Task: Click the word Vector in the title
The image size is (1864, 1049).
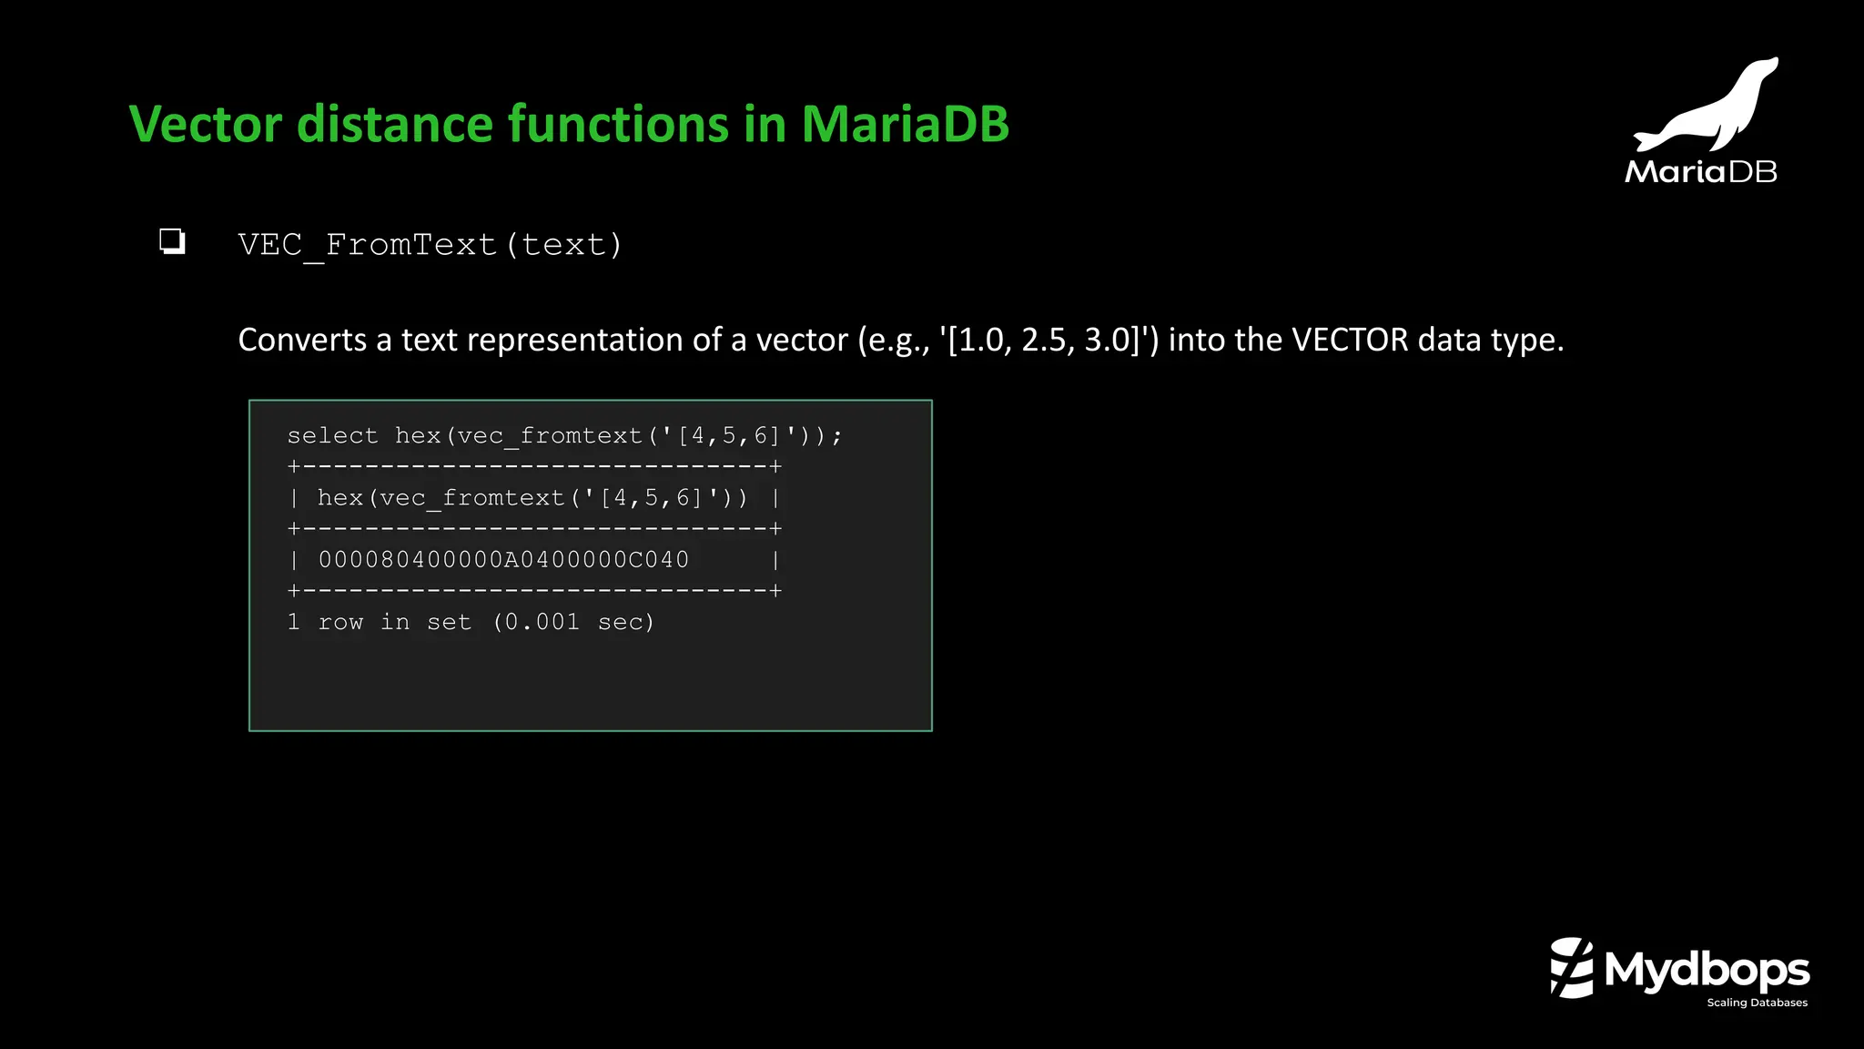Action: click(x=206, y=125)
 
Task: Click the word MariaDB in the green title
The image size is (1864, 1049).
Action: click(x=905, y=125)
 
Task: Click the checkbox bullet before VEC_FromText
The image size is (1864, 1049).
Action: click(x=172, y=241)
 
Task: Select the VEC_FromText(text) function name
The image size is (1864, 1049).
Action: click(x=430, y=245)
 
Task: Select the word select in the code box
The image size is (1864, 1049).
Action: click(x=332, y=436)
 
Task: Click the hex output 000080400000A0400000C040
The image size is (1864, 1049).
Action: click(x=503, y=560)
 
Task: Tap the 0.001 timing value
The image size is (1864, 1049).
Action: click(x=542, y=622)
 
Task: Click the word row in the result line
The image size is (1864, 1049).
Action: click(x=340, y=622)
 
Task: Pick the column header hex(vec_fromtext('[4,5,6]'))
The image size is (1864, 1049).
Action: click(x=532, y=498)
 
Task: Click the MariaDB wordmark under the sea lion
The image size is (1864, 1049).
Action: click(x=1700, y=172)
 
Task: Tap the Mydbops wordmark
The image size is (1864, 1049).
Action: click(x=1707, y=970)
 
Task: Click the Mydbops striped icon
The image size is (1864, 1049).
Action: click(x=1572, y=968)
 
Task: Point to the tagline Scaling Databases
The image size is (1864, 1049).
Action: click(x=1757, y=1003)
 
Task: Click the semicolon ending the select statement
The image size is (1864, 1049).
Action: click(x=836, y=437)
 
